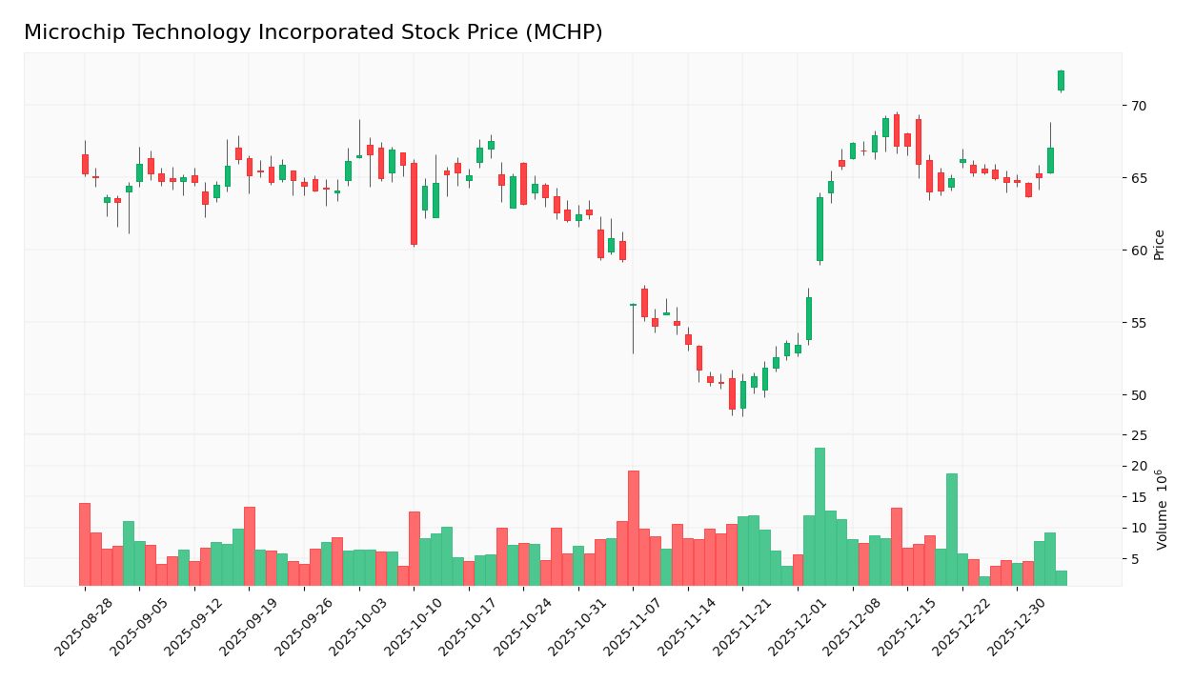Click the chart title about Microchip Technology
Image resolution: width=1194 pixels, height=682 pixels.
coord(313,33)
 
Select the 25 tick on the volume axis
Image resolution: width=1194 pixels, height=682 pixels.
coord(1141,435)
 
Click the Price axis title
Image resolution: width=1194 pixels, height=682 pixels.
coord(1159,245)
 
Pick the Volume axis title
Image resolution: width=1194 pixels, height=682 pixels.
coord(1162,510)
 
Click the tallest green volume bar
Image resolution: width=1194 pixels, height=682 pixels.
coord(820,516)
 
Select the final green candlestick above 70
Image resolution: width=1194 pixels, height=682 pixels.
coord(1061,80)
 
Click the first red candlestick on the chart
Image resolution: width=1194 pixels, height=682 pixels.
coord(85,164)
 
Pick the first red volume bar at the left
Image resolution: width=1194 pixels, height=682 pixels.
coord(85,544)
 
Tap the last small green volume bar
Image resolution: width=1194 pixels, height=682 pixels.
coord(1061,578)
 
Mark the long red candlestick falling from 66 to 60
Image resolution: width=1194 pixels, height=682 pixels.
coord(414,204)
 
